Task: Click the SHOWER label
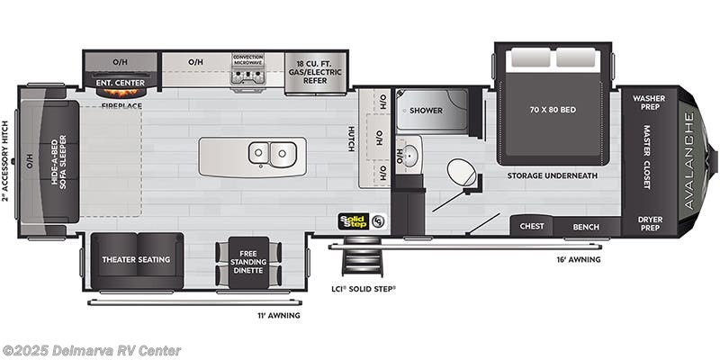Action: pos(427,111)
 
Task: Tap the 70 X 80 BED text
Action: pos(553,110)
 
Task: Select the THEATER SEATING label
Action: pos(137,259)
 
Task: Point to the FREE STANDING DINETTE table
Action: pos(248,261)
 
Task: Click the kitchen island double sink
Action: pos(269,155)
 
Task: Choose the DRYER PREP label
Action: pos(648,223)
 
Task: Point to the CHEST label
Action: pos(532,227)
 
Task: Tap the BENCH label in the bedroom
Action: pos(586,227)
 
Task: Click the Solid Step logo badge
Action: pos(355,219)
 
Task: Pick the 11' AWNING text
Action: pos(279,316)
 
